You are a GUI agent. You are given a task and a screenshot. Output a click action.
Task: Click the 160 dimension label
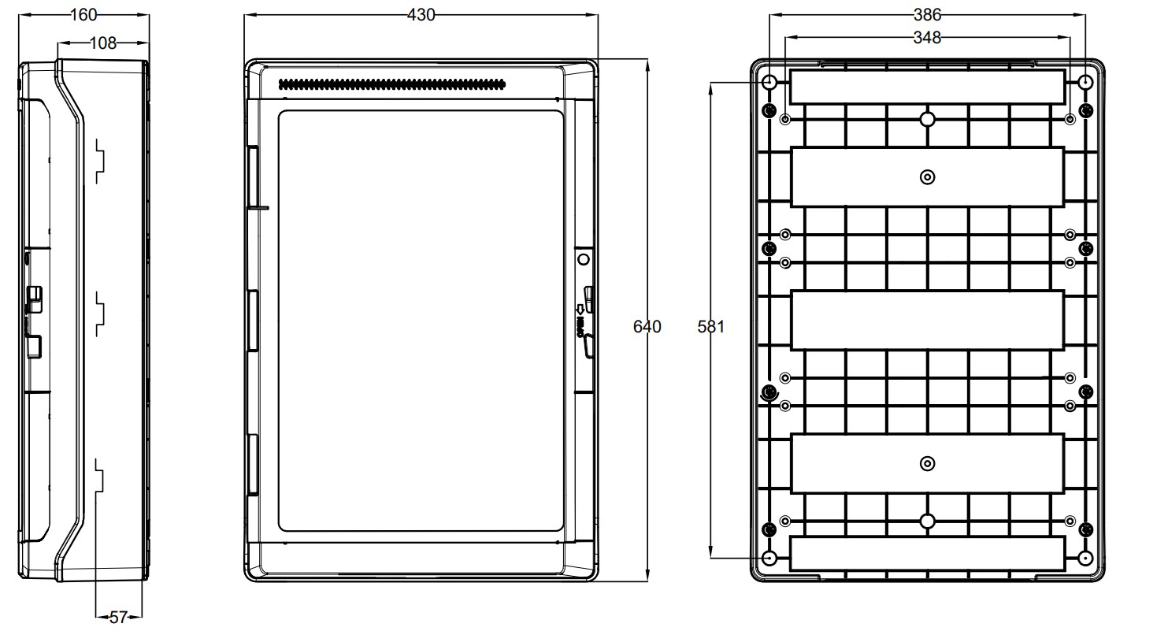click(x=83, y=15)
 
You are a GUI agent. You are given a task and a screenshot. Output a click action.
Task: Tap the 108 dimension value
click(x=103, y=43)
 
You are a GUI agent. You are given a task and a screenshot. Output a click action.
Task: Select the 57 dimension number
click(x=118, y=617)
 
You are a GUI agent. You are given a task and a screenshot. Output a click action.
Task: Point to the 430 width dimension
click(x=421, y=15)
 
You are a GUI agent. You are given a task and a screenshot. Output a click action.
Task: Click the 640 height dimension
click(x=647, y=326)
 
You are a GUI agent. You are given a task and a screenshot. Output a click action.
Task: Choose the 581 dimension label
click(x=711, y=326)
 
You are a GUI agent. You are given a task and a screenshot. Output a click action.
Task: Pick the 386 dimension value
click(x=928, y=15)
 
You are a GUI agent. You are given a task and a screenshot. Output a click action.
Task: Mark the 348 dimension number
click(x=928, y=38)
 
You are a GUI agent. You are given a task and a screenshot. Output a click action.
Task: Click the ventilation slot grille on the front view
click(x=392, y=84)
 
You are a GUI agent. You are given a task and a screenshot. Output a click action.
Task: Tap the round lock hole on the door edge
click(x=583, y=259)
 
